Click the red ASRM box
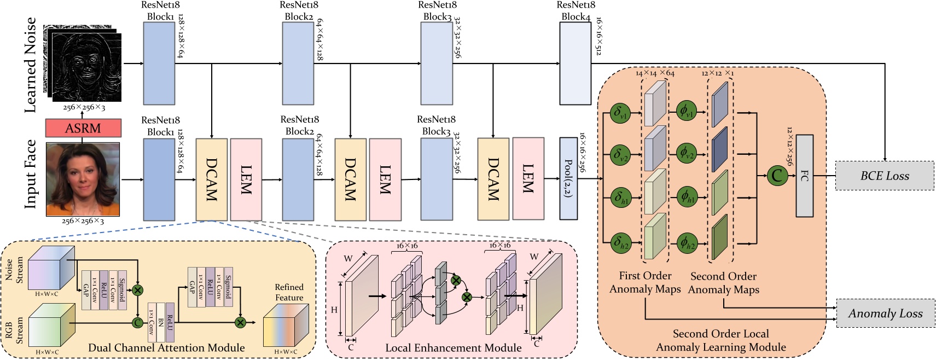point(83,129)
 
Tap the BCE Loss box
point(885,176)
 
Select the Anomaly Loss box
point(885,313)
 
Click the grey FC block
point(804,176)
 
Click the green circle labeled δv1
point(620,113)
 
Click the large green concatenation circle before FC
point(776,176)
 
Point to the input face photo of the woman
point(83,179)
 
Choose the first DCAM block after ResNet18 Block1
point(211,179)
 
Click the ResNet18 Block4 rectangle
point(575,63)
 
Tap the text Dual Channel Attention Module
point(166,348)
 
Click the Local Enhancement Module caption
point(453,348)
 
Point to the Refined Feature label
point(289,292)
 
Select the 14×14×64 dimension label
point(654,73)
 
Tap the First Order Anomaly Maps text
point(645,282)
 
